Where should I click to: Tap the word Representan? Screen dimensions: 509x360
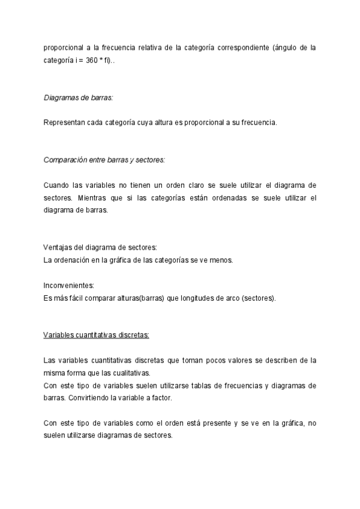coord(64,123)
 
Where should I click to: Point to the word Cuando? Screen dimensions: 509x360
coord(56,185)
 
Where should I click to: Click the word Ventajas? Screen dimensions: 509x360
coord(57,247)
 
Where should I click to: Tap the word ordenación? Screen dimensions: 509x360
coord(74,260)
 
